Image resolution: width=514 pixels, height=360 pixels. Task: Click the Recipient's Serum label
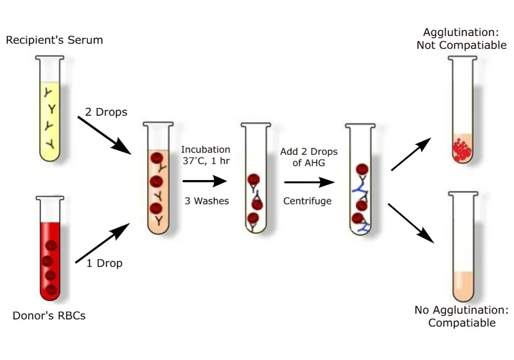point(54,40)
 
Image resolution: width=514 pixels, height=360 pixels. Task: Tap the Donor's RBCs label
point(49,316)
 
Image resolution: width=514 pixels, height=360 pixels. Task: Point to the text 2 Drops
point(106,112)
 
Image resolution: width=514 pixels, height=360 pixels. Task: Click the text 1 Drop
point(104,263)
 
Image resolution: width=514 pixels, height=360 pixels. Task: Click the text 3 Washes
point(206,201)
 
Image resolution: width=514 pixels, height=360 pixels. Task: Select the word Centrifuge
point(308,201)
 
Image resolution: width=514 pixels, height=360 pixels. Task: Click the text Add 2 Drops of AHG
point(308,157)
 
